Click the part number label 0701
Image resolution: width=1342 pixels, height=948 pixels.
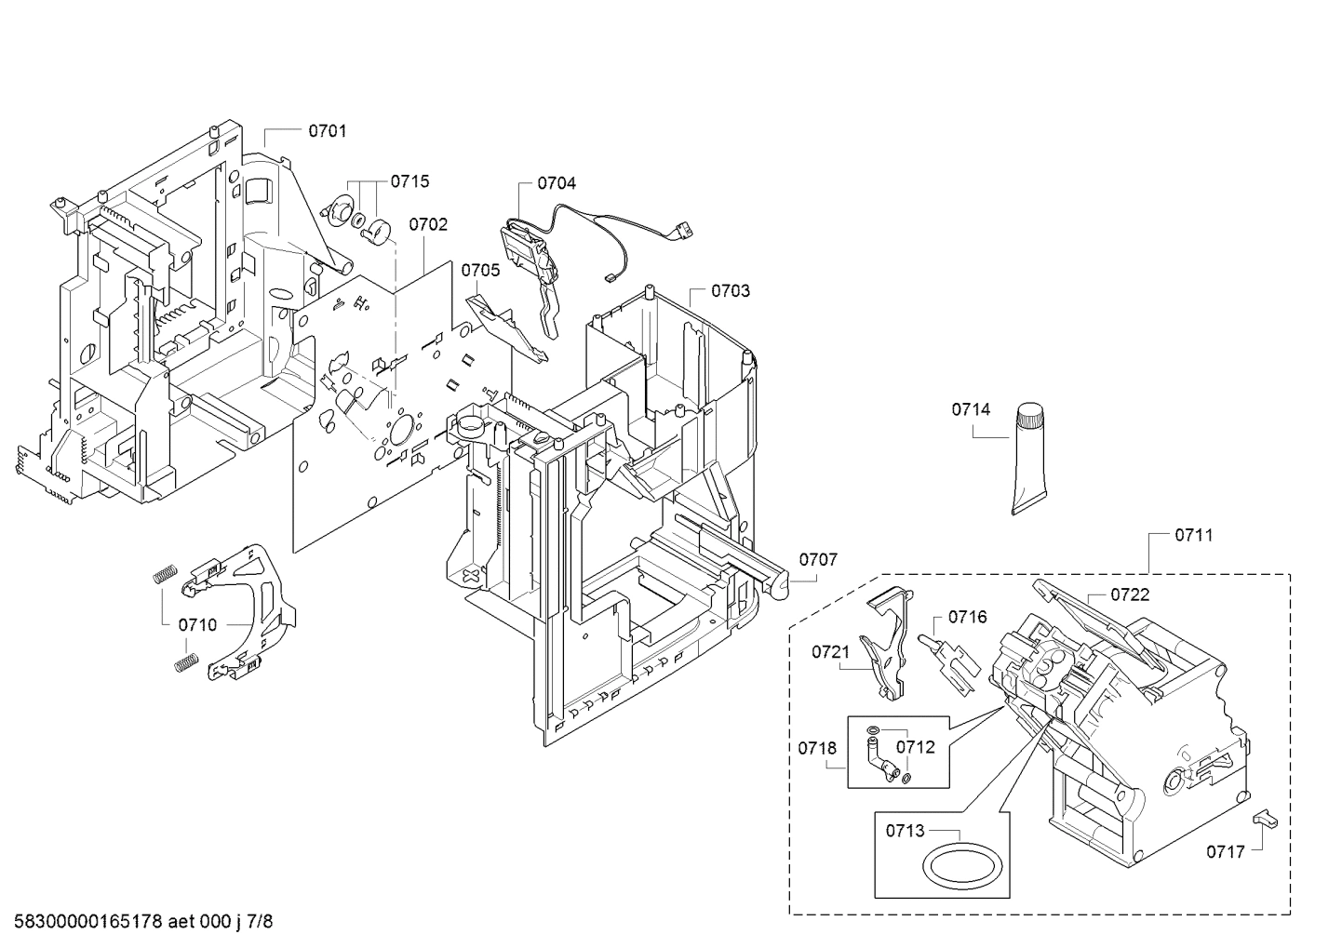pyautogui.click(x=327, y=131)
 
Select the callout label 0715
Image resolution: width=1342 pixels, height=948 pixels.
pyautogui.click(x=409, y=181)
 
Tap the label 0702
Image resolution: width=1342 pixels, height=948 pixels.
pyautogui.click(x=428, y=224)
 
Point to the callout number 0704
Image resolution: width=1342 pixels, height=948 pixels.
pyautogui.click(x=557, y=183)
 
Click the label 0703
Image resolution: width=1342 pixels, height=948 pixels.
pyautogui.click(x=730, y=291)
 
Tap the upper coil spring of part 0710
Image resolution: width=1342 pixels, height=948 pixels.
pyautogui.click(x=164, y=574)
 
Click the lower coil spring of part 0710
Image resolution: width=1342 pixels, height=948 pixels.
pyautogui.click(x=187, y=662)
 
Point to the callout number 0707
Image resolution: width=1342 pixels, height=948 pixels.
pyautogui.click(x=818, y=559)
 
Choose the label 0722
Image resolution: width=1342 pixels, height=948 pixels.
pyautogui.click(x=1130, y=595)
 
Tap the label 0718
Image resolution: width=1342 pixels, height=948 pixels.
pyautogui.click(x=817, y=748)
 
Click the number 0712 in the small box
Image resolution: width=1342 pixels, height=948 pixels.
pyautogui.click(x=915, y=746)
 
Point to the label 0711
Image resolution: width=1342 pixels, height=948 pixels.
pyautogui.click(x=1193, y=535)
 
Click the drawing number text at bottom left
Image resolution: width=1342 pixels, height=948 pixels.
pyautogui.click(x=138, y=922)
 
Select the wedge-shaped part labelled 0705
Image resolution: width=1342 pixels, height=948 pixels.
pyautogui.click(x=507, y=326)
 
